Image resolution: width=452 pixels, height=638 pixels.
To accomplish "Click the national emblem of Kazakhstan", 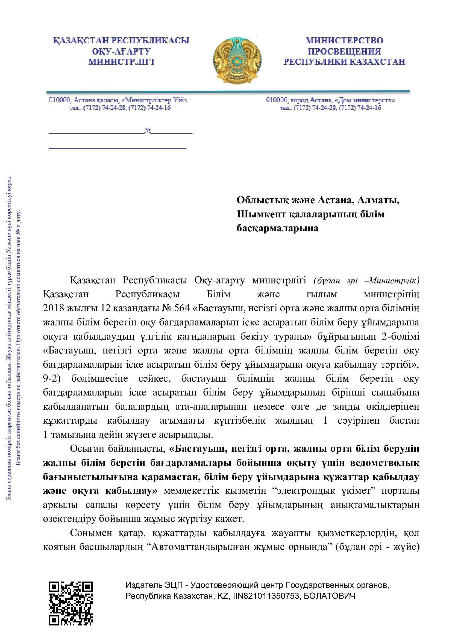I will pyautogui.click(x=237, y=60).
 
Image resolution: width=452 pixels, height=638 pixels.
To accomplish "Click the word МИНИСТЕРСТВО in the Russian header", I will pyautogui.click(x=344, y=41).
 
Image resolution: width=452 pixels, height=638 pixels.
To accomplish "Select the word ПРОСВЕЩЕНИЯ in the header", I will pyautogui.click(x=344, y=51).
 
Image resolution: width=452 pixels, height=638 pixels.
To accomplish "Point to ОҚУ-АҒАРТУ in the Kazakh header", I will pyautogui.click(x=121, y=51).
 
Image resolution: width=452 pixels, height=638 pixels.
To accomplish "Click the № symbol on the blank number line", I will pyautogui.click(x=148, y=130).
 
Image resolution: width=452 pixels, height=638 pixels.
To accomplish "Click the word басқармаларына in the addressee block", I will pyautogui.click(x=277, y=228).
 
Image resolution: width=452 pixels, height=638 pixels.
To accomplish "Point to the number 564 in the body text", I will pyautogui.click(x=182, y=308).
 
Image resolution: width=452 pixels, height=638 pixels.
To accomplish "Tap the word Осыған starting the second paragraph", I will pyautogui.click(x=86, y=448).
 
